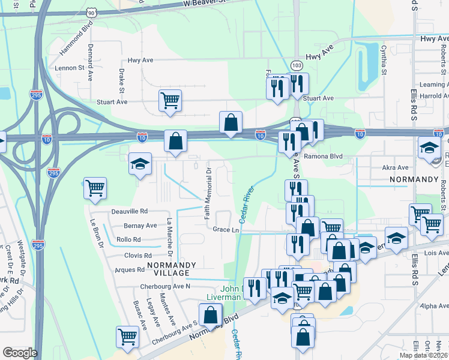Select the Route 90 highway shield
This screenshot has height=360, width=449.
tap(91, 11)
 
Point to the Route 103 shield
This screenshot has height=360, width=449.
tap(297, 63)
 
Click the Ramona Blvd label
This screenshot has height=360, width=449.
tap(322, 156)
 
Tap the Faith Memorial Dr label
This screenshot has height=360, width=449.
tap(208, 193)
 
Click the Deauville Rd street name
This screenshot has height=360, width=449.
tap(129, 212)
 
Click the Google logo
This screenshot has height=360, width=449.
tap(20, 353)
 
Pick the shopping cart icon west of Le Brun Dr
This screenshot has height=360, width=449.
tap(95, 188)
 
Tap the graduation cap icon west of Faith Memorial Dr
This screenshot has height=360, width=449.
tap(140, 163)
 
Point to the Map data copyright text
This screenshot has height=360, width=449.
tap(423, 355)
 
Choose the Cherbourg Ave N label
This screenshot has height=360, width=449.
tap(165, 286)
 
